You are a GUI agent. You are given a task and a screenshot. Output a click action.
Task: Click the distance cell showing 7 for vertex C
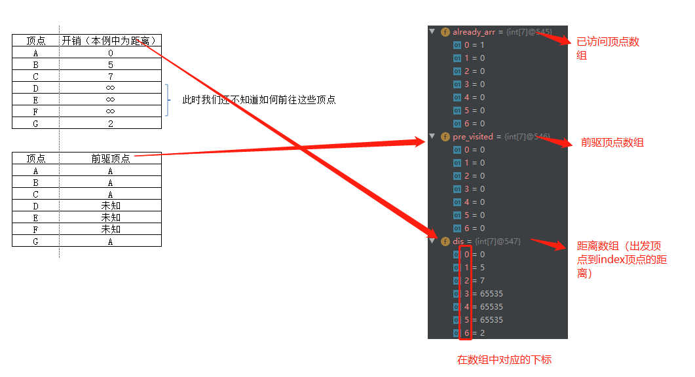click(110, 76)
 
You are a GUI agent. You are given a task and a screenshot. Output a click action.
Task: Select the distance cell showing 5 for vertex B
click(110, 64)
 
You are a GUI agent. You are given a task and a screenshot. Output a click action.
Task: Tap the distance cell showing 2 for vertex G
click(110, 123)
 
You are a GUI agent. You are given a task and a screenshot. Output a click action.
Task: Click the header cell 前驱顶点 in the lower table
click(110, 158)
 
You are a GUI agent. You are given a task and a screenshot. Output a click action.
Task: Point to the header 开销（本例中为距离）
click(110, 41)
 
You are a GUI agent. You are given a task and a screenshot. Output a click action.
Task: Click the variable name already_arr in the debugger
click(474, 31)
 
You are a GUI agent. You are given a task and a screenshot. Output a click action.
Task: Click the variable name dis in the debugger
click(458, 241)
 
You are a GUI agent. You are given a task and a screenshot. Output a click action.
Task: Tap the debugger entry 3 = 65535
click(483, 293)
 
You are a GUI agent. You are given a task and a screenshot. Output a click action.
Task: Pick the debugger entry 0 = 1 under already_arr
click(474, 45)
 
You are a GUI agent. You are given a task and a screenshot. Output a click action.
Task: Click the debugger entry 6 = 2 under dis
click(474, 332)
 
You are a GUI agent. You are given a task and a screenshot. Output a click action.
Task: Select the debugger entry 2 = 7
click(474, 280)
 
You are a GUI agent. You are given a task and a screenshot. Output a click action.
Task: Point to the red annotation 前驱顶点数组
click(612, 142)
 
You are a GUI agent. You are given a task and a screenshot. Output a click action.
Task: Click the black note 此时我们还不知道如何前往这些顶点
click(259, 100)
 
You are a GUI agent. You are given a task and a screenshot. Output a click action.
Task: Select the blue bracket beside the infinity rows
click(168, 100)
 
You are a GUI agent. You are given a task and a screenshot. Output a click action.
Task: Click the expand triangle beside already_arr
click(432, 31)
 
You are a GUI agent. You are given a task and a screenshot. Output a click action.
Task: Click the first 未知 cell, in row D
click(110, 206)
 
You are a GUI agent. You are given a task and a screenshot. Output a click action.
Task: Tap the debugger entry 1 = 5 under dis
click(474, 267)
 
